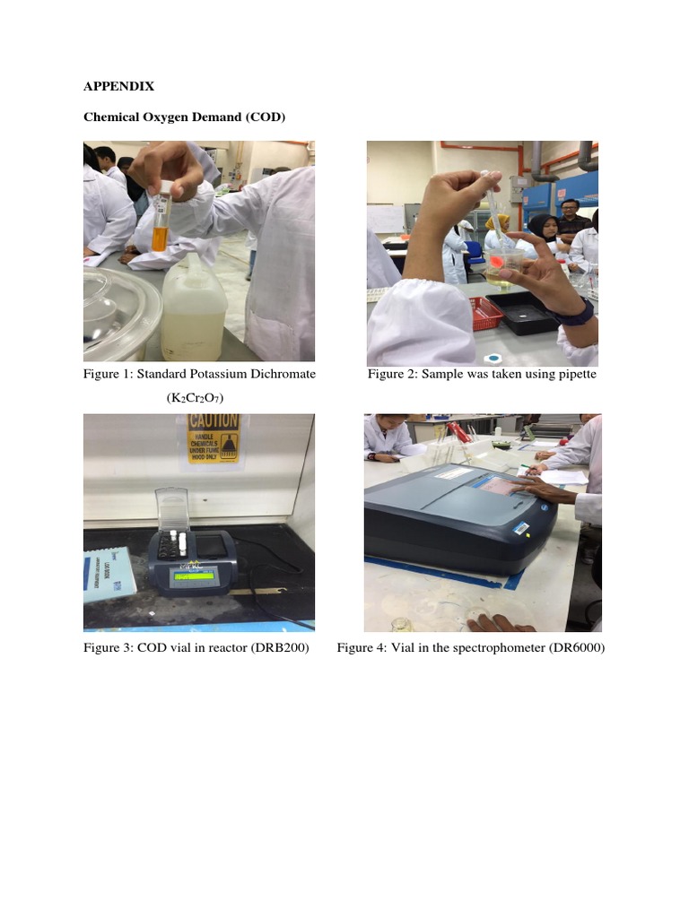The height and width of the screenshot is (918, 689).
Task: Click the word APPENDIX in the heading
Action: [119, 87]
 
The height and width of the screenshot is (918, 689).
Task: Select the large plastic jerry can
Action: [194, 307]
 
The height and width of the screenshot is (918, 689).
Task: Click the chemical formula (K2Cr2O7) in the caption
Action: [195, 398]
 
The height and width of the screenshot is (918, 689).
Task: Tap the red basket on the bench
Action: [485, 313]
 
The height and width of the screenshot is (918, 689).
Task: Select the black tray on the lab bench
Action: [523, 312]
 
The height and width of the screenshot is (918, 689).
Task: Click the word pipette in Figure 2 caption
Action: [577, 375]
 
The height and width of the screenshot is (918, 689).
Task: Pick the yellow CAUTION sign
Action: [214, 438]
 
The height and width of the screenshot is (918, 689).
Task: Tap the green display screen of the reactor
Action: [193, 576]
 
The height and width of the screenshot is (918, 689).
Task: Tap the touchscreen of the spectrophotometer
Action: [501, 485]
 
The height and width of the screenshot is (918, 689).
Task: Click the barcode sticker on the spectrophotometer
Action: [520, 529]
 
